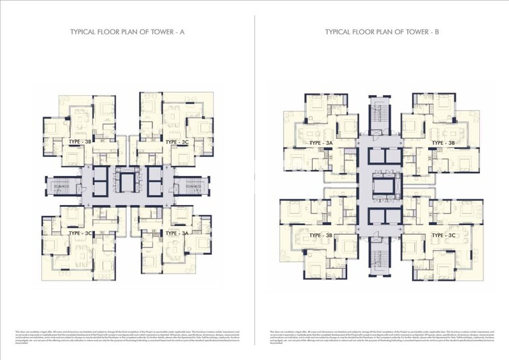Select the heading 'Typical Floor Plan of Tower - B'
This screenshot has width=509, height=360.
pos(382,32)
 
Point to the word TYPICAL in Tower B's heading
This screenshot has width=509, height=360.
pos(340,32)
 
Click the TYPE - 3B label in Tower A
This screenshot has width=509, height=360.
pos(82,142)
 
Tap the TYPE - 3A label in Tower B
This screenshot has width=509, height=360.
pos(320,144)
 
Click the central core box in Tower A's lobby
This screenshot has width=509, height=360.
pos(125,182)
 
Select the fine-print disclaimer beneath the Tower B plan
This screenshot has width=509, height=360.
pos(382,337)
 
